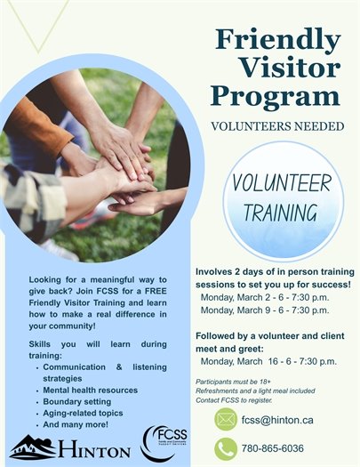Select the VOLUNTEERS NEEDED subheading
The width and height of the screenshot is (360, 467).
277,126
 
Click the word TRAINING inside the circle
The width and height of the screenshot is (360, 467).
283,213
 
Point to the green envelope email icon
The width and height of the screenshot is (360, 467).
226,419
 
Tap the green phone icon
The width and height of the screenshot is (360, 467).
226,448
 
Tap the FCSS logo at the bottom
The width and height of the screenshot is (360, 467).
160,443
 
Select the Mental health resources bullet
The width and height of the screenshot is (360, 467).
90,390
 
